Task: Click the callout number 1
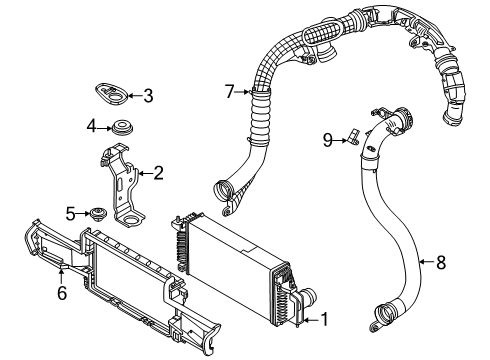click(324, 319)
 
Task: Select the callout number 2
click(158, 173)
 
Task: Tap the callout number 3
click(148, 96)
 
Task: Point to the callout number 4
click(91, 127)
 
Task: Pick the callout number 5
click(70, 214)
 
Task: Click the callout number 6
click(62, 293)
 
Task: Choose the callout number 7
click(230, 92)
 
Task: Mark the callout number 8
click(441, 262)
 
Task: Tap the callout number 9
click(328, 140)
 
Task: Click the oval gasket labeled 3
click(111, 94)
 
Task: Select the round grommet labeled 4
click(123, 128)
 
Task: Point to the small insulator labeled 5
click(98, 214)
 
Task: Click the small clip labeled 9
click(353, 137)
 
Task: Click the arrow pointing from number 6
click(61, 276)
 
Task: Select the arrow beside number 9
click(340, 141)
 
